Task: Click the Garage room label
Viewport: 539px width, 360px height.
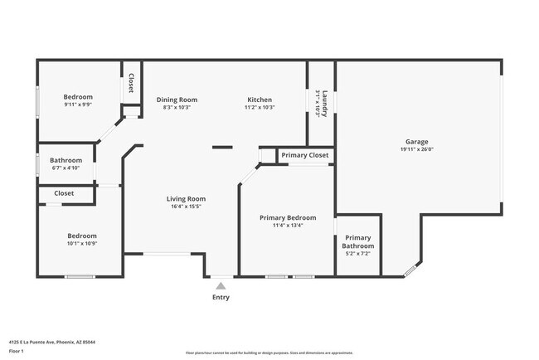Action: point(417,142)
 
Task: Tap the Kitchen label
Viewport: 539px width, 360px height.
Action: point(259,100)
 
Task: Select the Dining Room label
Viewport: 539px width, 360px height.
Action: point(177,100)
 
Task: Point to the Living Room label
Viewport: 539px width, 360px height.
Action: point(186,198)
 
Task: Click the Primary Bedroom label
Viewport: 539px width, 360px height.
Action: point(288,217)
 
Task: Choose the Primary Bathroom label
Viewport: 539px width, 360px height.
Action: point(359,241)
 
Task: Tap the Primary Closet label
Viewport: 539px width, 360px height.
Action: point(304,155)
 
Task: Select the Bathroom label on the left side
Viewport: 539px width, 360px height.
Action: point(66,160)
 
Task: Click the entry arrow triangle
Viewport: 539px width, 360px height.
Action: point(221,285)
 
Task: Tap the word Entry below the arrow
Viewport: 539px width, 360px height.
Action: point(221,297)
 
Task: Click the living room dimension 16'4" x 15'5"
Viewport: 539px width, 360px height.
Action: point(186,207)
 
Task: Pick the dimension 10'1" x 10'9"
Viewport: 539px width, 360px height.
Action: point(82,243)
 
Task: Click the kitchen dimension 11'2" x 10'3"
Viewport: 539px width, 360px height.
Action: point(259,107)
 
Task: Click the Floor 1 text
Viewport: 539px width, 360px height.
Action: point(17,351)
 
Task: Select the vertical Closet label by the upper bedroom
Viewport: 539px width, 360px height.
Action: point(131,84)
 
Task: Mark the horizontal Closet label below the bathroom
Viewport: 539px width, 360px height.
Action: point(64,193)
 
